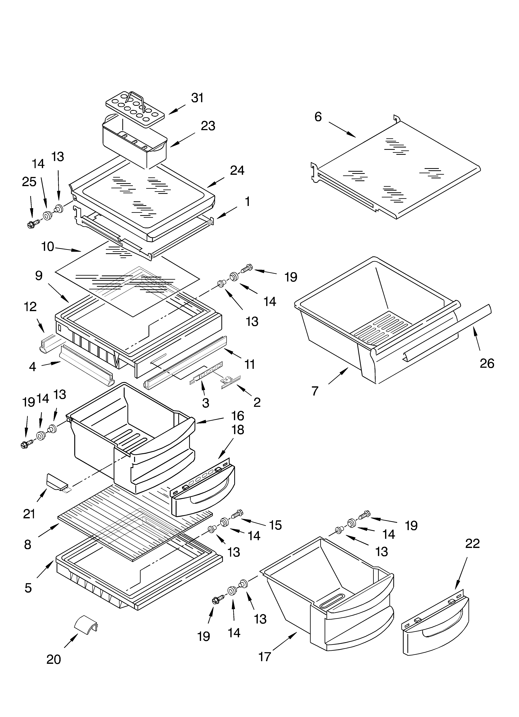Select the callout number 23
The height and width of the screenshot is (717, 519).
[x=208, y=126]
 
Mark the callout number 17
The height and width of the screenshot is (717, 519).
[x=265, y=657]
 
